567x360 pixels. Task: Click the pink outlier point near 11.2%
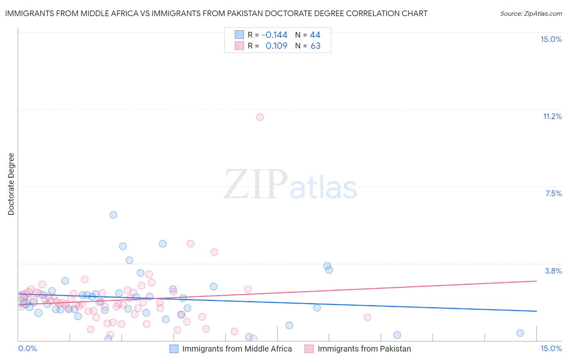[x=260, y=117]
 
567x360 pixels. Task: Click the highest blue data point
[x=113, y=215]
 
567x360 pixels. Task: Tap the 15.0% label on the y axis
[x=551, y=39]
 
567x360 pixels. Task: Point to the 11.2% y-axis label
[x=552, y=116]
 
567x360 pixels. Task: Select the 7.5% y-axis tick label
[x=553, y=193]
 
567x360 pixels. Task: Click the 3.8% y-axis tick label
[x=553, y=271]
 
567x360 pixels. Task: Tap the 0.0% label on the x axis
[x=28, y=348]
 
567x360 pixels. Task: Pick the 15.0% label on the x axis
[x=551, y=348]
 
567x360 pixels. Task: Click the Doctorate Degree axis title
[x=11, y=184]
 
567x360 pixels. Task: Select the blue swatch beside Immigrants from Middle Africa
[x=174, y=349]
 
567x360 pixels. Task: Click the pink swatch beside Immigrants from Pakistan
[x=309, y=349]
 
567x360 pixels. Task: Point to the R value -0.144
[x=275, y=35]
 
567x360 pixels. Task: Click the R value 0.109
[x=276, y=46]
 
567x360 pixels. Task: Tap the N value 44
[x=315, y=35]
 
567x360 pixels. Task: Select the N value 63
[x=315, y=46]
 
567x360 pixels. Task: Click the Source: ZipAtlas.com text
[x=531, y=13]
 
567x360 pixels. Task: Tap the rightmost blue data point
[x=520, y=333]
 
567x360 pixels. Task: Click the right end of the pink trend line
[x=536, y=281]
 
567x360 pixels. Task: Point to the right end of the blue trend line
[x=536, y=311]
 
